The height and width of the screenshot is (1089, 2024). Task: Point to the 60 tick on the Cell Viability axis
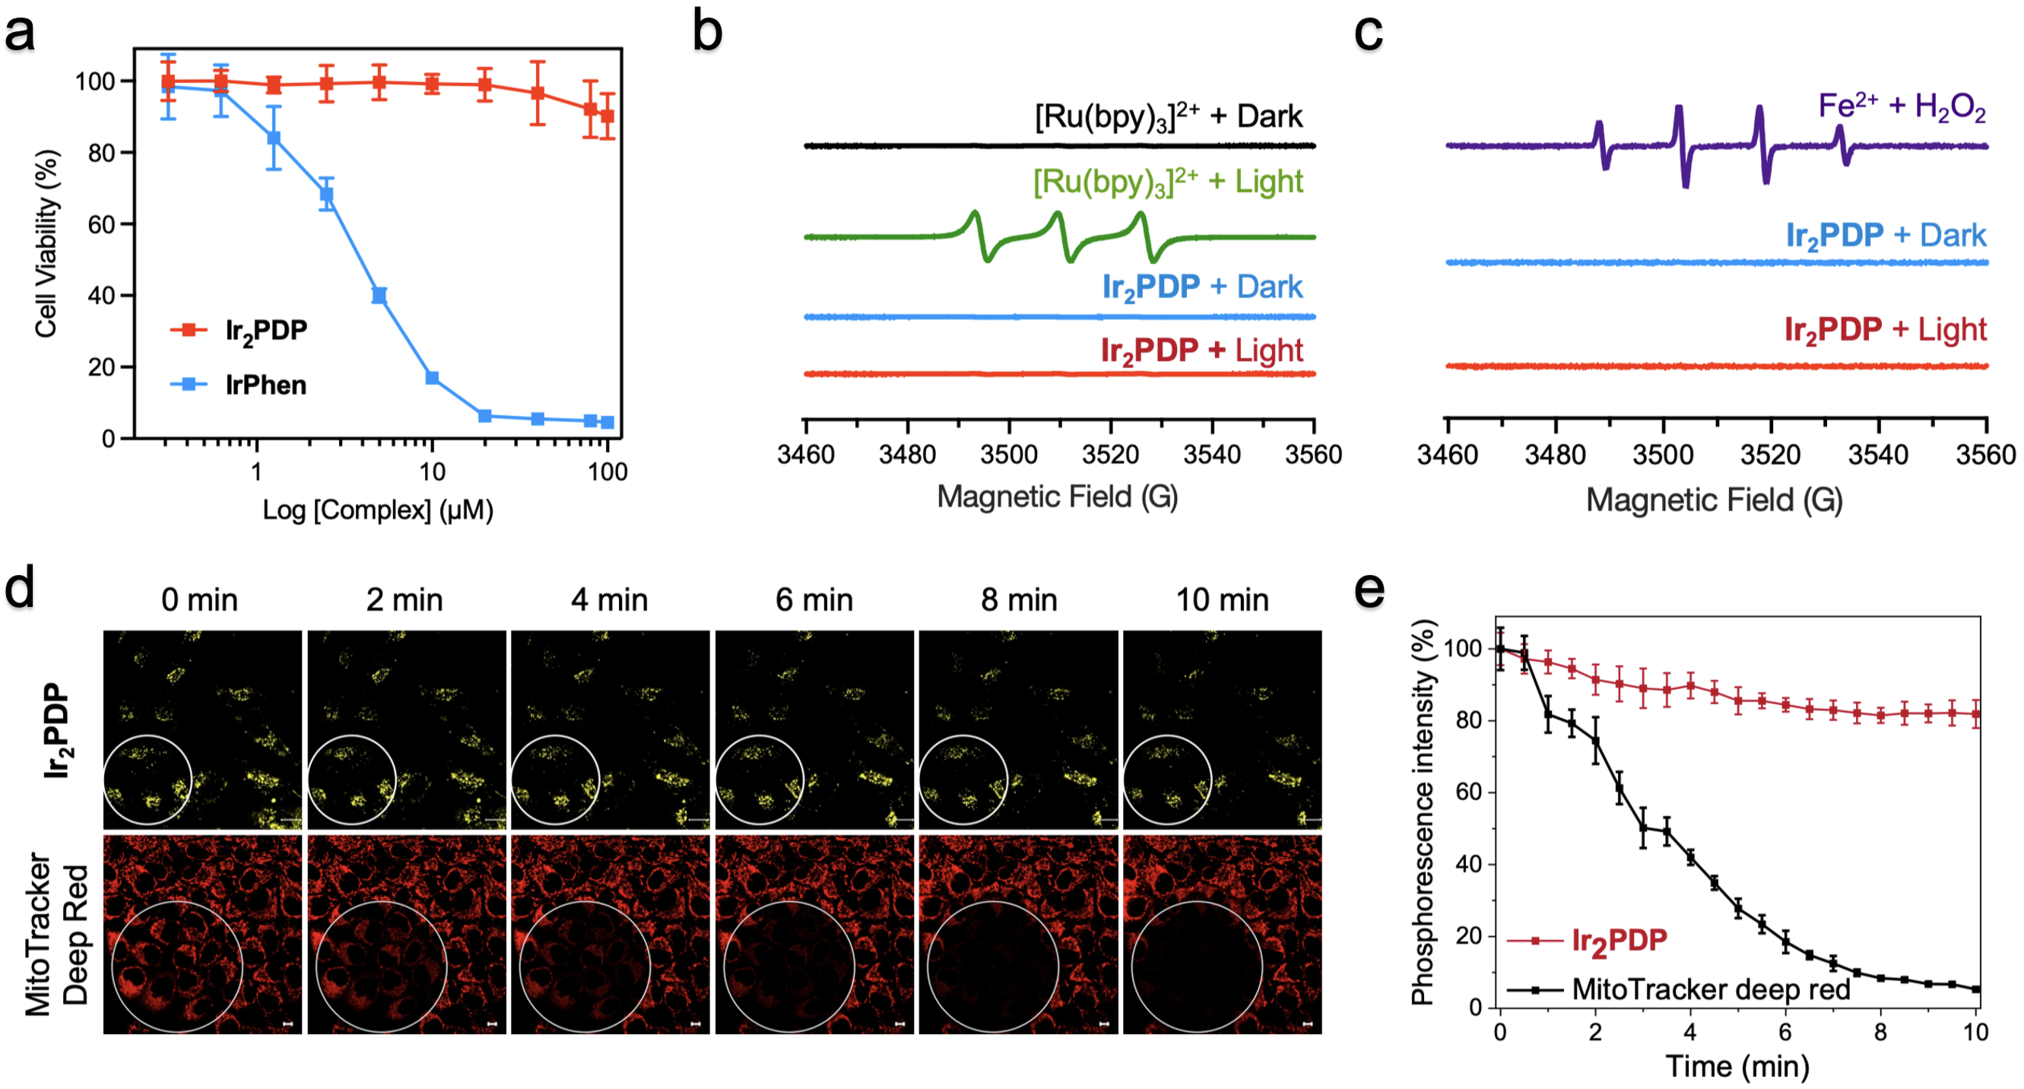101,224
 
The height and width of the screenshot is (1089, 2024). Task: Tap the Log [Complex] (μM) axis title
377,510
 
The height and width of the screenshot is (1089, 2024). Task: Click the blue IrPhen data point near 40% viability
379,295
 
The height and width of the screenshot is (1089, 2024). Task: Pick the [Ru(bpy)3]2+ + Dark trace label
1168,117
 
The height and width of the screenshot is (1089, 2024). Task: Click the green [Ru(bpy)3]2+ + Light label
1168,183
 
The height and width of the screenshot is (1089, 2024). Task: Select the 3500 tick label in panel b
1009,454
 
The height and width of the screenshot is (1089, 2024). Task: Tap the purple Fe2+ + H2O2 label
1902,106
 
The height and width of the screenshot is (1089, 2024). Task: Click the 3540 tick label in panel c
1878,455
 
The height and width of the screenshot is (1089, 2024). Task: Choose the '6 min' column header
814,600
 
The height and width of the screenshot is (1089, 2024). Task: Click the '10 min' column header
1222,600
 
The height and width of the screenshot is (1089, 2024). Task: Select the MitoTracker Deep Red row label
56,934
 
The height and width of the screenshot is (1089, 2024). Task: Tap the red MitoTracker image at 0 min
202,934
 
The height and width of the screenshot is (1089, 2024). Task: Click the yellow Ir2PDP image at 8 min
1018,729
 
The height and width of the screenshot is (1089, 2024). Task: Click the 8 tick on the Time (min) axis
1880,1032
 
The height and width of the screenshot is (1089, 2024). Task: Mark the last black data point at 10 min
1976,989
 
